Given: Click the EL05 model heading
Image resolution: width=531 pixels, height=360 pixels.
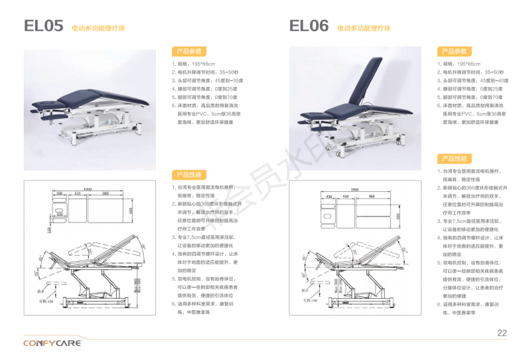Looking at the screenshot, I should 43,26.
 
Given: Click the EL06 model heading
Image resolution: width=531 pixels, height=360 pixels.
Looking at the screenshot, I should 309,26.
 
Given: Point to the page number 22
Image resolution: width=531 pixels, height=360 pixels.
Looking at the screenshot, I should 502,333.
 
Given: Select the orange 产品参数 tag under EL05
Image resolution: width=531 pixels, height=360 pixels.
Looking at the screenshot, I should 189,51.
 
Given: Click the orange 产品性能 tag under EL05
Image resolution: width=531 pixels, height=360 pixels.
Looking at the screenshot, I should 189,175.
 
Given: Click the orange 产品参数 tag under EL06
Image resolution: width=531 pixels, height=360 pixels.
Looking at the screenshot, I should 454,51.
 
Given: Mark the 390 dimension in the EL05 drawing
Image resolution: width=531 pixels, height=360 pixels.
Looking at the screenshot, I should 59,194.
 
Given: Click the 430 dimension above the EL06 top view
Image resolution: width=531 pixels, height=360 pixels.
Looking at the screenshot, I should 327,197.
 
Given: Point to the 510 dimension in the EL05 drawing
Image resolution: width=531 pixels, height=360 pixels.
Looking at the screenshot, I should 78,194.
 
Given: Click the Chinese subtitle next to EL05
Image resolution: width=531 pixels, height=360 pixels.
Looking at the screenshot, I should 98,29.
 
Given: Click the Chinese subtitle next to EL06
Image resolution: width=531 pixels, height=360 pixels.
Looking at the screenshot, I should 364,29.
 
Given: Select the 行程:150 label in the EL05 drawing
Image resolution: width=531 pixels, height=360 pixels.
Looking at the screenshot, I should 46,300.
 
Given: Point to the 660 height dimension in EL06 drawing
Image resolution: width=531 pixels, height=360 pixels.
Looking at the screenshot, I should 398,216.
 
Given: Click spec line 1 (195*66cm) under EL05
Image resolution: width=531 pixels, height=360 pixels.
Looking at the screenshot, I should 191,64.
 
